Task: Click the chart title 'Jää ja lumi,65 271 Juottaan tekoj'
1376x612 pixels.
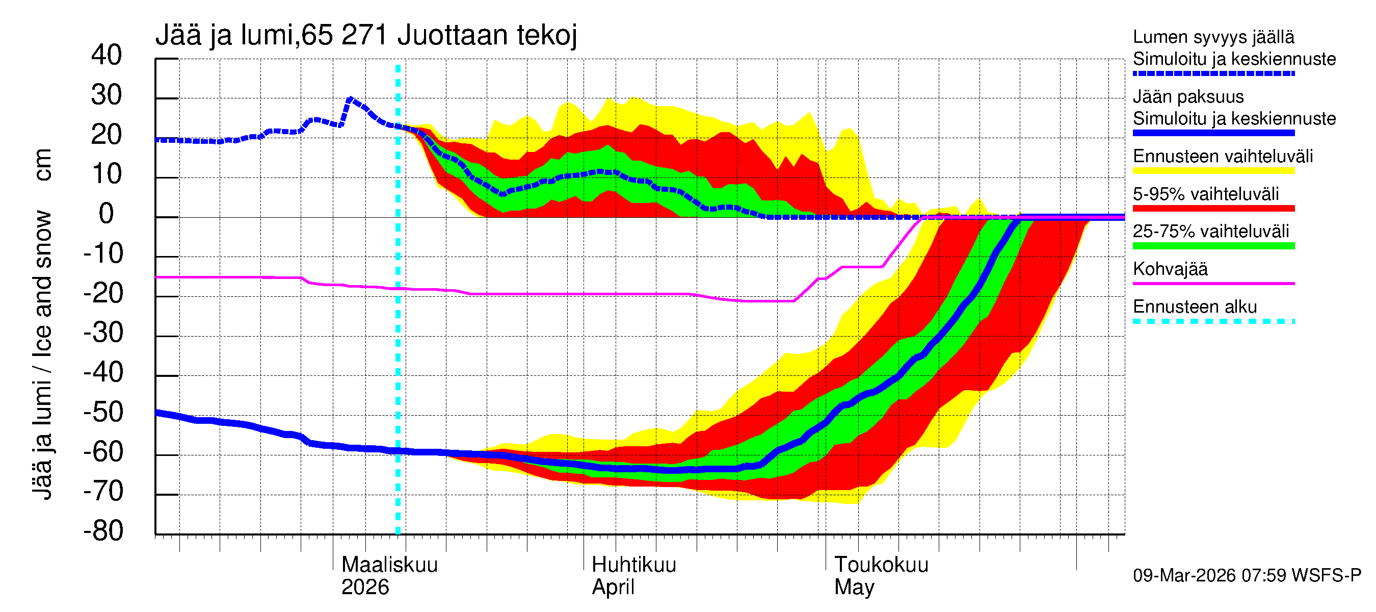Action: pos(366,35)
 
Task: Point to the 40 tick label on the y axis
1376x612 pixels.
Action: pos(107,55)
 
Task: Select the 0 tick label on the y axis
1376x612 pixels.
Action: pos(107,214)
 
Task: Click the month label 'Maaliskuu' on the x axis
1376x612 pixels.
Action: pos(389,565)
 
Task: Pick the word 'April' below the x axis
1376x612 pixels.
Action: pos(613,587)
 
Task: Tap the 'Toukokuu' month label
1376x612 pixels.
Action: pos(881,565)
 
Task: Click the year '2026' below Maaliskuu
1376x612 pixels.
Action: pos(365,587)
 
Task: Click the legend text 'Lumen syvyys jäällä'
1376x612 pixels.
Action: pos(1213,37)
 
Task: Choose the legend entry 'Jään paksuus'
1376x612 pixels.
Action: pos(1188,97)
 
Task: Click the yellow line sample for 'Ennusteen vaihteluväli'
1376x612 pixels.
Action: pos(1213,171)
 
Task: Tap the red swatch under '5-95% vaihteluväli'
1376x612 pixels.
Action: pos(1213,209)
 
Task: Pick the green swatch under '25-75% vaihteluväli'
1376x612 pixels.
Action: pos(1213,246)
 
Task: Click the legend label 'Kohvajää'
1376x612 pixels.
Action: pos(1170,269)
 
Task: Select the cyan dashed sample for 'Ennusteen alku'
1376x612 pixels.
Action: pos(1213,321)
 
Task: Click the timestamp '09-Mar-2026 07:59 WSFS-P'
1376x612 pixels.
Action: pos(1247,575)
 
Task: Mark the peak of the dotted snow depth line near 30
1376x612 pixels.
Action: pos(351,99)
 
